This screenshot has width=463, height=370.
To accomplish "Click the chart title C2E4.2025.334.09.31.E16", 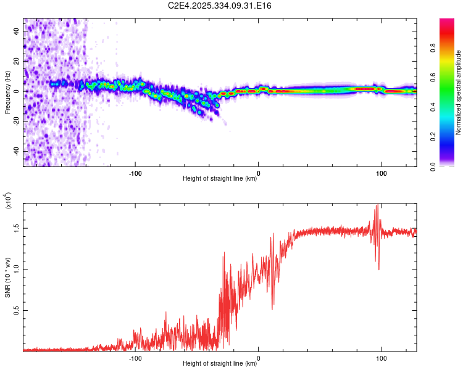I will point(220,6).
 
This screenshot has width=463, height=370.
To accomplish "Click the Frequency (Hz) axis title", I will point(7,92).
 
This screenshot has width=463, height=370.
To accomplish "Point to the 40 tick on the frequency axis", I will point(17,31).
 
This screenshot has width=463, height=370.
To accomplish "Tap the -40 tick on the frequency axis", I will point(17,151).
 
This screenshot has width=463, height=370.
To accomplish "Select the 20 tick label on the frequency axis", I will point(17,61).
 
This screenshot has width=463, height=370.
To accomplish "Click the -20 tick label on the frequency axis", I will point(17,121).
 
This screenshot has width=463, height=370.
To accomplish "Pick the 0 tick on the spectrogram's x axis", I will point(258,173).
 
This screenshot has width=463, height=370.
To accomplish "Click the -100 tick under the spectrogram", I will point(135,173).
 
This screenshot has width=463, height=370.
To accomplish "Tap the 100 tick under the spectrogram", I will point(382,173).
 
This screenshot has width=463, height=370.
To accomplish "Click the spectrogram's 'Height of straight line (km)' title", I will point(220,179).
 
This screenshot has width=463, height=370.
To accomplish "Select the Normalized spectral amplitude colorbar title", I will point(459,92).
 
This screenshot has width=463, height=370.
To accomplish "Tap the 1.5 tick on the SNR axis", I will point(17,228).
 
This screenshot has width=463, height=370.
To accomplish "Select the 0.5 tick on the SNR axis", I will point(17,310).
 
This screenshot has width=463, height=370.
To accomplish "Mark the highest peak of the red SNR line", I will point(377,205).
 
